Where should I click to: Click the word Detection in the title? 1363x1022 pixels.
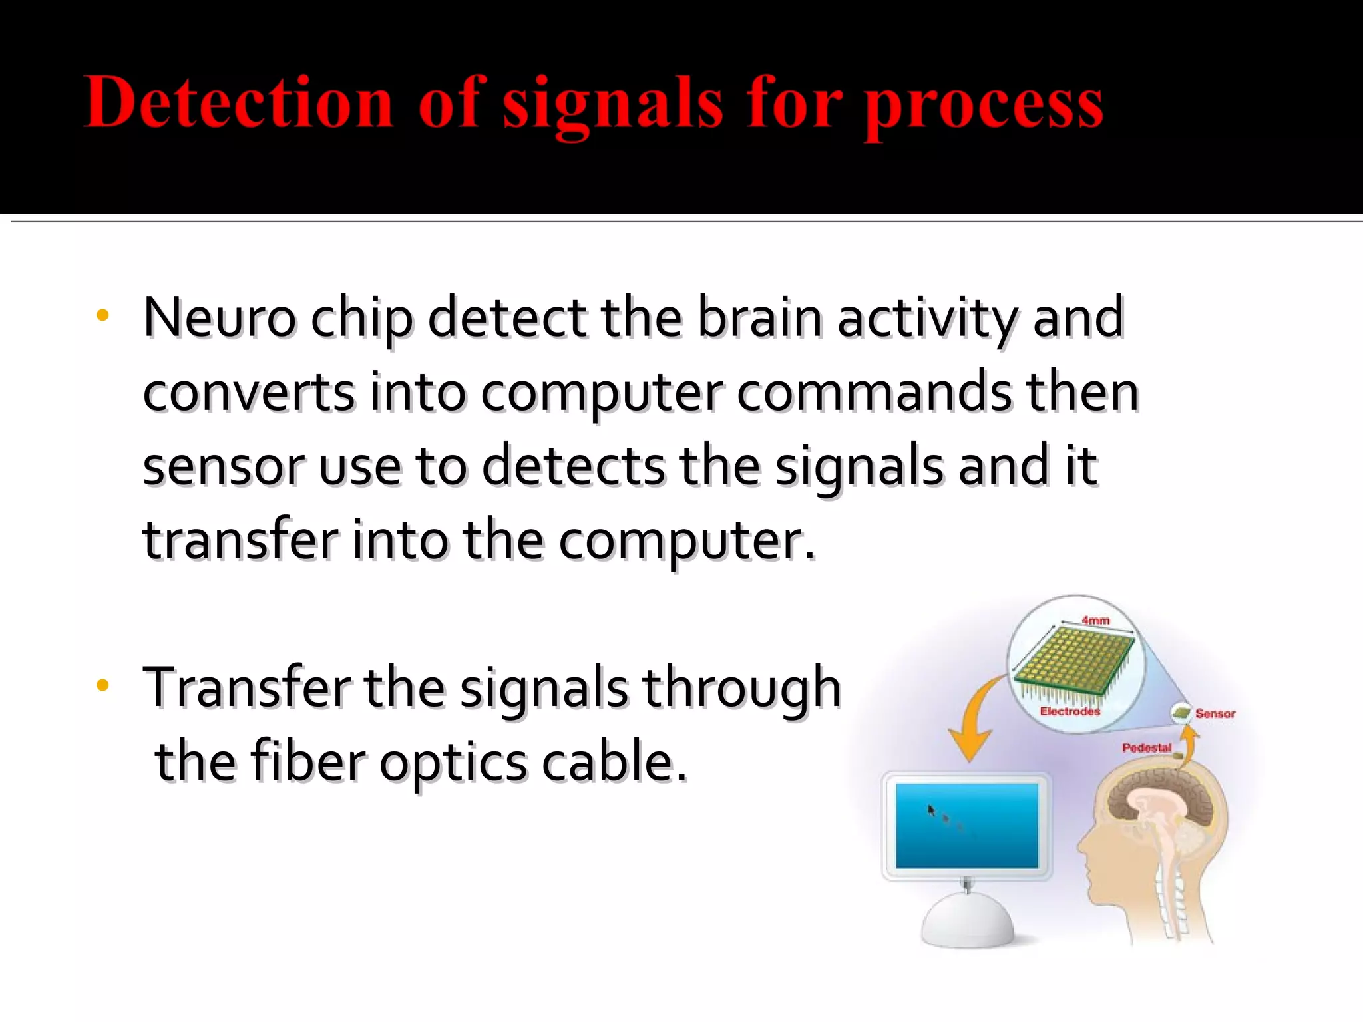coord(238,103)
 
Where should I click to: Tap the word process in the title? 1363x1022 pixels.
coord(984,106)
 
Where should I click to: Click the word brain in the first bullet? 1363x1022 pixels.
coord(760,317)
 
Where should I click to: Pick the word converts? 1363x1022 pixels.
coord(249,393)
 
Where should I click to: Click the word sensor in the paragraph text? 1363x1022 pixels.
coord(224,467)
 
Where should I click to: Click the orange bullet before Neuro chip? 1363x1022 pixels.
coord(102,315)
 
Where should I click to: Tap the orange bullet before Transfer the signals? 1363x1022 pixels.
coord(102,685)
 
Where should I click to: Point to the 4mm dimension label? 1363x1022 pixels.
coord(1095,620)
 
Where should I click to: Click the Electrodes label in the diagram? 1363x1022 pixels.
coord(1070,711)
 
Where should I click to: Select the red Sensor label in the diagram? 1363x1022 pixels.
coord(1215,713)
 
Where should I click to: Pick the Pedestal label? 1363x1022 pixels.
coord(1146,747)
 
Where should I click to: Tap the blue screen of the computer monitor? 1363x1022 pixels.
coord(966,825)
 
